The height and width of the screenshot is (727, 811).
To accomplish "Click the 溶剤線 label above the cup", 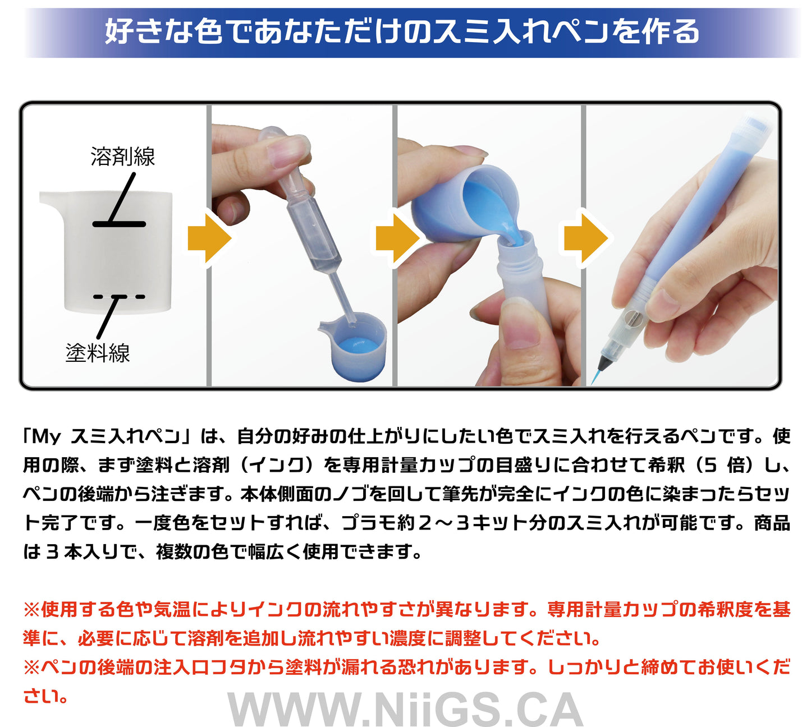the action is click(x=122, y=156).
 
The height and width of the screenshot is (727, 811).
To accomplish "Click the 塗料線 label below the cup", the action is click(x=98, y=353).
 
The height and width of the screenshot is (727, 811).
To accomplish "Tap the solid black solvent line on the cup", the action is click(x=119, y=224).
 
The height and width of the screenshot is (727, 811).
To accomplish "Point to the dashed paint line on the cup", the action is click(x=119, y=297).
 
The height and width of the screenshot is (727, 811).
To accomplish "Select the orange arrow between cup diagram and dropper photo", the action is click(x=209, y=238).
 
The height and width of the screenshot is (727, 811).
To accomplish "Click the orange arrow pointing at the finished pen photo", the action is click(x=586, y=238).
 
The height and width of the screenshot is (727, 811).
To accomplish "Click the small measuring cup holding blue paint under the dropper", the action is click(x=354, y=346).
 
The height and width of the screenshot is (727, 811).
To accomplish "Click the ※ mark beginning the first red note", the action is click(x=31, y=609).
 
